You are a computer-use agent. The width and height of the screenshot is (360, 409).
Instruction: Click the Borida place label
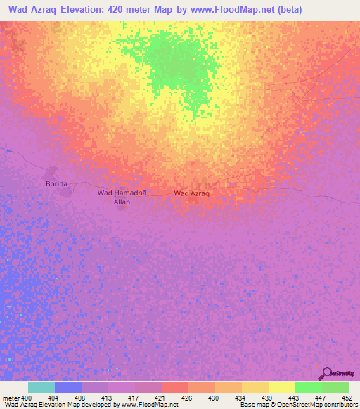coord(56,183)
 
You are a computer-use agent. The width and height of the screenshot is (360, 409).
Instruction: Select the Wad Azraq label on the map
coord(192,193)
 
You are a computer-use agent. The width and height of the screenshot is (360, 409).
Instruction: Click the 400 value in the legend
coord(27,398)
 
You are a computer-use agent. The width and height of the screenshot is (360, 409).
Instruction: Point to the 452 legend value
coord(347,398)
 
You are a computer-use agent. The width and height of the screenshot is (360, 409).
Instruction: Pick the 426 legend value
coord(188,398)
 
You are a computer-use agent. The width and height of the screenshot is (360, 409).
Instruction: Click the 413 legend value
coord(108,398)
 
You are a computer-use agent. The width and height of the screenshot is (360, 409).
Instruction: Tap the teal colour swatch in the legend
coord(41,387)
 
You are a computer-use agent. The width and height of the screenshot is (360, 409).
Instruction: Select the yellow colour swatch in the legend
coord(281,387)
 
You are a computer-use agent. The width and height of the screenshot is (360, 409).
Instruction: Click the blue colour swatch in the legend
coord(68,387)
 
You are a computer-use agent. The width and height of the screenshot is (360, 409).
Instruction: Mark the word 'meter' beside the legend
coord(11,398)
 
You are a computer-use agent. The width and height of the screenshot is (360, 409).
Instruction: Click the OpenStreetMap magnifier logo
coord(326,373)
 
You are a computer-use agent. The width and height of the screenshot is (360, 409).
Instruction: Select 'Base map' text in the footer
coord(251,405)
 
